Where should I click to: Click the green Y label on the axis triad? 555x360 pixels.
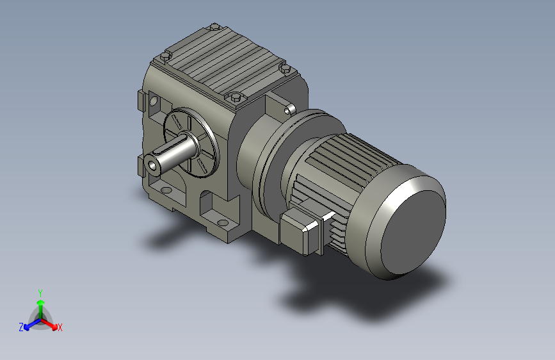coord(40,293)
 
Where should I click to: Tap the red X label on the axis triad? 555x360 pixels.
coord(60,328)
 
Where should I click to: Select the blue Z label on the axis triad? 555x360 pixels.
coord(21,327)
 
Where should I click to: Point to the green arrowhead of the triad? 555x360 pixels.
coord(41,303)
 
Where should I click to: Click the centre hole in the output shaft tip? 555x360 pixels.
coord(152,165)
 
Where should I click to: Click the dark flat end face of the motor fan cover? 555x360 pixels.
coord(413,232)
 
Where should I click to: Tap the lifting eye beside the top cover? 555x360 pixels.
coord(290,110)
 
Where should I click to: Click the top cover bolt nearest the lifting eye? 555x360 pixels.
coord(285,68)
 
